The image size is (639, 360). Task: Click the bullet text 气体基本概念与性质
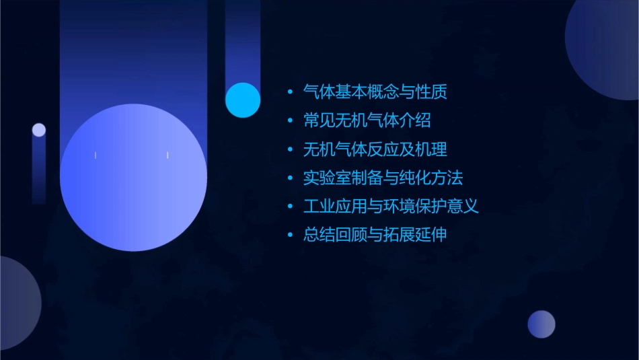point(375,92)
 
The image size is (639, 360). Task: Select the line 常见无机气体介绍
point(367,120)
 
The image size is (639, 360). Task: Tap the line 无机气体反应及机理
point(375,149)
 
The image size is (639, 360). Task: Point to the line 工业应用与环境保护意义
point(391,206)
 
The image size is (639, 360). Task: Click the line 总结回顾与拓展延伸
point(375,235)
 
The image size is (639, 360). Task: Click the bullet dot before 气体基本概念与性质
point(290,92)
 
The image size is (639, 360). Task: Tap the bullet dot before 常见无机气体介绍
point(290,121)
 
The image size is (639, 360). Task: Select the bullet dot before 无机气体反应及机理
point(290,149)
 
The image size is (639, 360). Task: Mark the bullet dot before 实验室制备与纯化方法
point(290,178)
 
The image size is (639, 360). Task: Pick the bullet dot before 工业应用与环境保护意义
point(290,207)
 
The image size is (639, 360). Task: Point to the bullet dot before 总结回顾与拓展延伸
point(290,236)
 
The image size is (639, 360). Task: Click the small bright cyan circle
point(243,100)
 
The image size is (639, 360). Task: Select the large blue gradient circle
point(133,177)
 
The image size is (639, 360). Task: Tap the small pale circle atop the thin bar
point(39,130)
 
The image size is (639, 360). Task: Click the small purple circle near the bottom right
point(541,324)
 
